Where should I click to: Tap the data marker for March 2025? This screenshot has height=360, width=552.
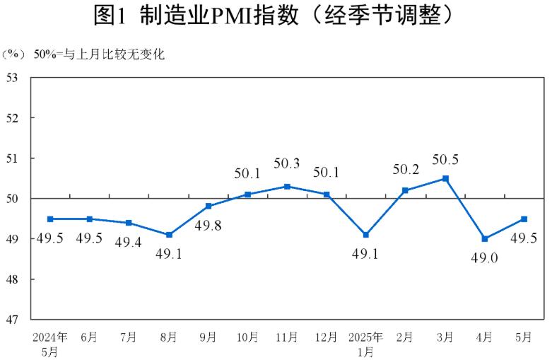445,178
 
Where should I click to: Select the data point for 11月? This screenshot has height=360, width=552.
287,186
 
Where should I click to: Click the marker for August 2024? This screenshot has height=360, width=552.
169,235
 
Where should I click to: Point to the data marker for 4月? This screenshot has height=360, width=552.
485,239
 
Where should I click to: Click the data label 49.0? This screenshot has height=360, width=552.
485,258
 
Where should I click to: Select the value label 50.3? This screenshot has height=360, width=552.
287,164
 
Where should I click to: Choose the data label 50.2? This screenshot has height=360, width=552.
406,170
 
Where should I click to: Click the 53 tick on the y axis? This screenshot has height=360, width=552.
13,77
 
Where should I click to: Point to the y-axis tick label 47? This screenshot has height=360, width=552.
13,320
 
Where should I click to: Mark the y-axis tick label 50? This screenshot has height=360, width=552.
13,199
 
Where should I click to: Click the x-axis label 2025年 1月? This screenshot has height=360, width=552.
365,342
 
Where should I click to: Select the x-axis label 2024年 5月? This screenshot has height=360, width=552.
49,342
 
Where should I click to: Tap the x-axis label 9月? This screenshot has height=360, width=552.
209,336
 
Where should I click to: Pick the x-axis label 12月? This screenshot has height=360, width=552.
327,336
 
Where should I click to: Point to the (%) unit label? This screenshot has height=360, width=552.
13,54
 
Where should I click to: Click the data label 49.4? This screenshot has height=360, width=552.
129,241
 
